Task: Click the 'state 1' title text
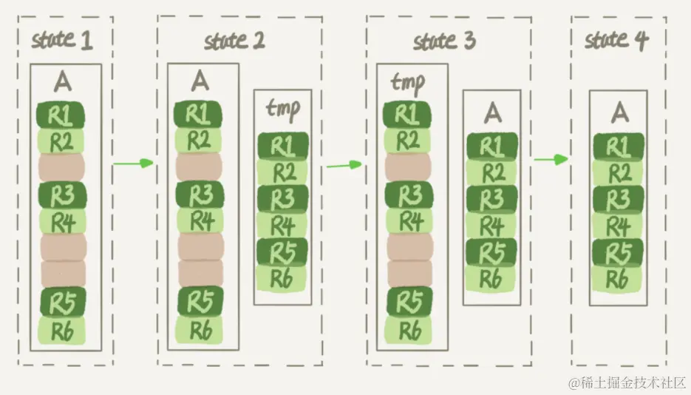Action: click(62, 41)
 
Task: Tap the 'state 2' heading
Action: click(235, 40)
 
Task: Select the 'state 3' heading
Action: click(444, 40)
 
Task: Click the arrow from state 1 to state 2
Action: click(134, 162)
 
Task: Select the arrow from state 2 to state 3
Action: click(344, 163)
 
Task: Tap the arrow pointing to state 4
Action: click(551, 160)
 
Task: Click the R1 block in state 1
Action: click(60, 115)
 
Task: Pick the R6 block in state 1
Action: click(61, 329)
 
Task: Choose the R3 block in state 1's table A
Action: click(61, 195)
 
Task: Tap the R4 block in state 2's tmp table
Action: click(282, 225)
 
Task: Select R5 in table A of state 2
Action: click(200, 301)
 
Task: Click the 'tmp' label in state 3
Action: click(407, 83)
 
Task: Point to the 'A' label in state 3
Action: click(491, 112)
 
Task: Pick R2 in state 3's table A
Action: click(491, 172)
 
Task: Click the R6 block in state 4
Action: click(619, 278)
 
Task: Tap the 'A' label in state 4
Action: click(619, 112)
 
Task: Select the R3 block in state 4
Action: click(619, 199)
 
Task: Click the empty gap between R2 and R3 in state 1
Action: click(61, 166)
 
